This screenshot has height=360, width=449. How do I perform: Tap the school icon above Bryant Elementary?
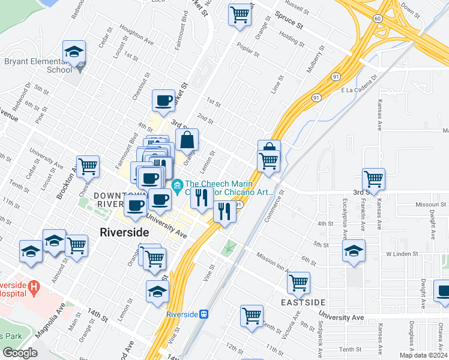click(x=74, y=52)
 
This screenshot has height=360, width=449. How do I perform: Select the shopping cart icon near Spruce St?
click(x=240, y=14)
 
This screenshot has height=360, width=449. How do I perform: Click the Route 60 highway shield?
click(x=376, y=19)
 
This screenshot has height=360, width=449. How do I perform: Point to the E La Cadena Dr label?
click(x=359, y=89)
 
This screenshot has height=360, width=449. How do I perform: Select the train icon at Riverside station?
click(x=204, y=313)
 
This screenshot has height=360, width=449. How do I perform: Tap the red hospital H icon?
click(x=35, y=288)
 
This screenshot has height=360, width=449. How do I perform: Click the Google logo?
click(x=20, y=353)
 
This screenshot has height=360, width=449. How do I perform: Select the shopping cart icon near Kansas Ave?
click(x=373, y=179)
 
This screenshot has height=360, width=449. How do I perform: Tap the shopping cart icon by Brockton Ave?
click(x=88, y=166)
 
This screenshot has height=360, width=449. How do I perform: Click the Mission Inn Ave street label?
click(x=274, y=261)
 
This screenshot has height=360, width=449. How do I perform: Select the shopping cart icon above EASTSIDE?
click(x=298, y=282)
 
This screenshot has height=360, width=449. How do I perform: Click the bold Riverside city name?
click(x=124, y=232)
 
